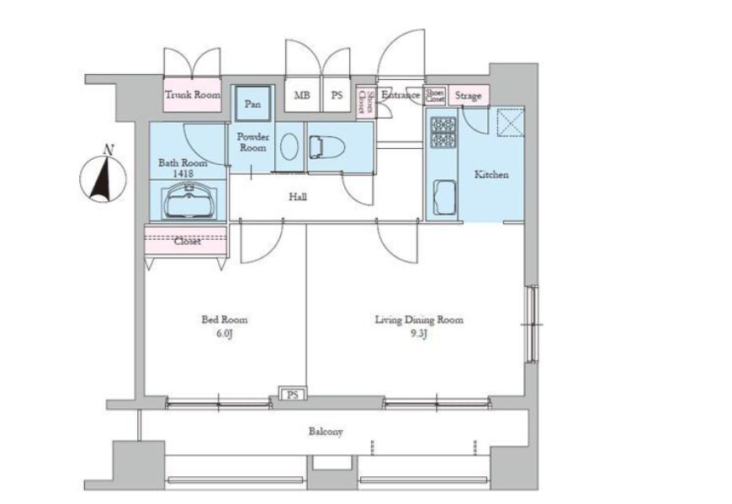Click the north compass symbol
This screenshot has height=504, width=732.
(x=103, y=178)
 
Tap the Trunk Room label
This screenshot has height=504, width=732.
(x=193, y=95)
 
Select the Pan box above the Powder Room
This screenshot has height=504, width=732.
(x=252, y=103)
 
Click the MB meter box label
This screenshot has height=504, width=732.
(x=302, y=95)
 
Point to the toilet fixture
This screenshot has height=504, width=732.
(x=326, y=147)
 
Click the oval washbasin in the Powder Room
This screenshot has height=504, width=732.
(x=289, y=146)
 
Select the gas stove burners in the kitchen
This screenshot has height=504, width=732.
(x=443, y=133)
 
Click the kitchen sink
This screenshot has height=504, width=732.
(x=445, y=197)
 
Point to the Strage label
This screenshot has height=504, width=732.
(x=469, y=96)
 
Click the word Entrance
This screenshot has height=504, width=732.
(x=400, y=95)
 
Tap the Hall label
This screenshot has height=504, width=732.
(x=298, y=197)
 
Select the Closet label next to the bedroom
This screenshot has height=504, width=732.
(x=187, y=241)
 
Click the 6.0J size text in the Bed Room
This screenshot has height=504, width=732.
(x=224, y=334)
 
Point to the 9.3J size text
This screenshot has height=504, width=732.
(x=419, y=334)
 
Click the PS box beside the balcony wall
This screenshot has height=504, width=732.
(x=293, y=395)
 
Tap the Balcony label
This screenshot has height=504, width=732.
(x=326, y=432)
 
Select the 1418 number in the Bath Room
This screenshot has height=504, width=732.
(x=183, y=173)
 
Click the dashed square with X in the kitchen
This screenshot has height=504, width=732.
(x=511, y=122)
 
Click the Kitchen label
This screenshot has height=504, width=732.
(x=491, y=174)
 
